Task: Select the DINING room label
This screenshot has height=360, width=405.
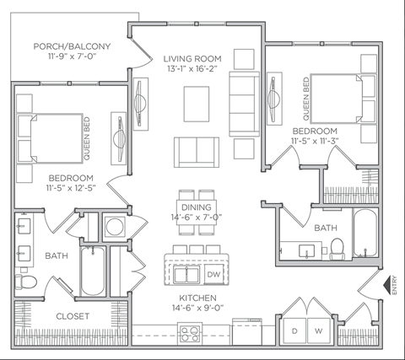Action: (x=196, y=207)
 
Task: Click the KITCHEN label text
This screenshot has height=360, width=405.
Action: (x=197, y=298)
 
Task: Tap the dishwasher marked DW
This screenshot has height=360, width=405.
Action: (x=213, y=274)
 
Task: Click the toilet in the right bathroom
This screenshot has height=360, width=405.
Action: (x=337, y=248)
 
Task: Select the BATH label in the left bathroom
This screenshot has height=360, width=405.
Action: (x=57, y=255)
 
